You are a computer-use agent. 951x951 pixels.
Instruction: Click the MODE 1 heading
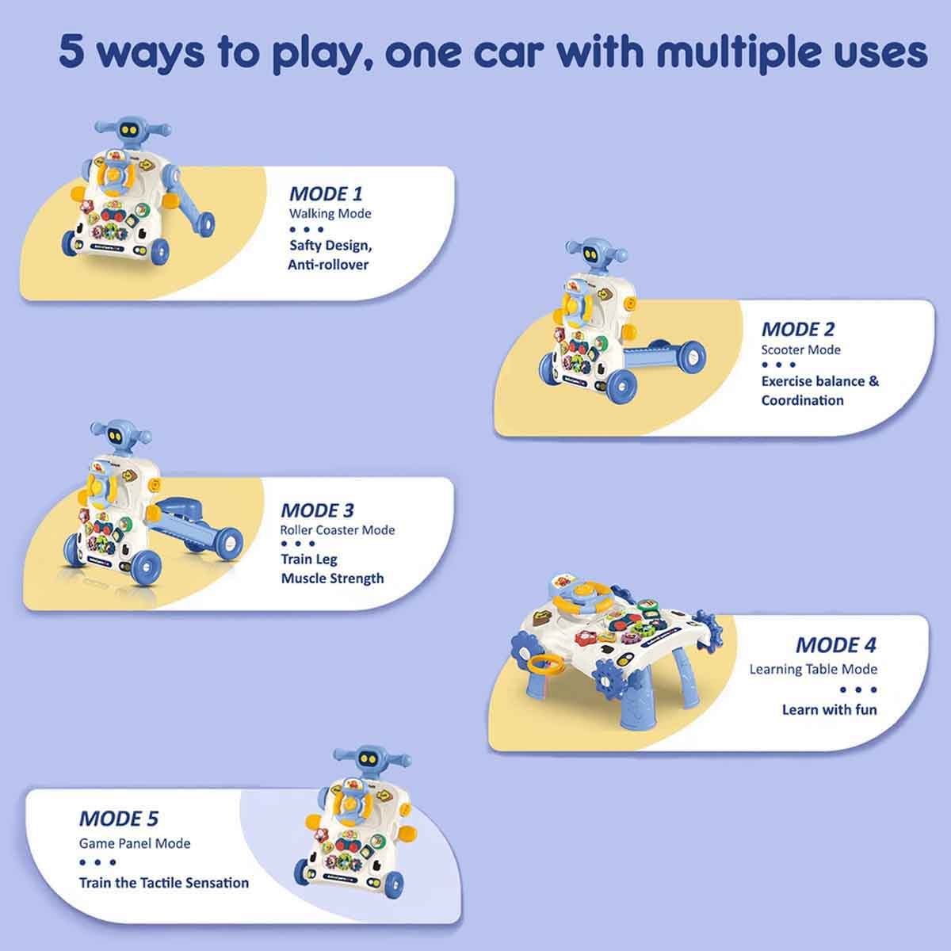pos(326,194)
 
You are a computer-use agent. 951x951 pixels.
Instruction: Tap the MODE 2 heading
pos(797,329)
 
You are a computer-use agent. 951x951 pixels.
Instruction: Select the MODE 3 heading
pos(317,510)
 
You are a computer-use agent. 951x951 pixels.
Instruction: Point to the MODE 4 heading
pos(836,645)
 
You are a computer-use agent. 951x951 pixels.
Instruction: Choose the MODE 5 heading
pos(119,818)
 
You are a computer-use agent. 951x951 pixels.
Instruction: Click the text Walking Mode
pos(330,214)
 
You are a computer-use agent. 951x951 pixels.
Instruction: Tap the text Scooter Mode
pos(800,350)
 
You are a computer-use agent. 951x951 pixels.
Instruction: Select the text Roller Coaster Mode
pos(338,530)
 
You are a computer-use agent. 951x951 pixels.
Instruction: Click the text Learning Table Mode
pos(813,669)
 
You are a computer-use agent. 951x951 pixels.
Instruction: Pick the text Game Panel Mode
pos(135,843)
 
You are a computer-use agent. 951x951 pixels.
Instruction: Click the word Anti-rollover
pos(328,265)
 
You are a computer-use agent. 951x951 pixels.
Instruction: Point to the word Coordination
pos(803,400)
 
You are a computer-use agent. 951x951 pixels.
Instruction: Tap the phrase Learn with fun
pos(830,709)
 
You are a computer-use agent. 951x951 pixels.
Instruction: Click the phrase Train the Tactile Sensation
pos(164,883)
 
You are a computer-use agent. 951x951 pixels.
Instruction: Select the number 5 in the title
pos(71,52)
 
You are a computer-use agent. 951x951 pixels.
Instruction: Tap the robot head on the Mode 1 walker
pos(130,131)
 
